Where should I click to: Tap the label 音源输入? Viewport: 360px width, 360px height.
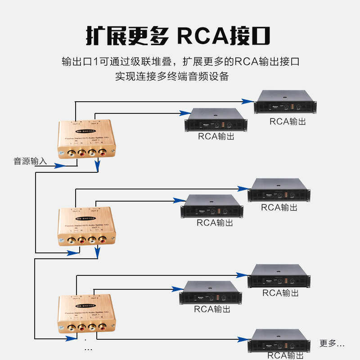tap(30, 161)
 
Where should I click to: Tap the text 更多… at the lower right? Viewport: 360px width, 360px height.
tap(332, 343)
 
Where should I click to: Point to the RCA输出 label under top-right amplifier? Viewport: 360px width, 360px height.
tap(288, 121)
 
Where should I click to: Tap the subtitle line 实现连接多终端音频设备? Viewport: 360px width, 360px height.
tap(172, 76)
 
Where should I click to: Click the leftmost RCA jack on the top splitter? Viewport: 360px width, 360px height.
tap(71, 153)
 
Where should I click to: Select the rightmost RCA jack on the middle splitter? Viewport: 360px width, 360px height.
tap(103, 241)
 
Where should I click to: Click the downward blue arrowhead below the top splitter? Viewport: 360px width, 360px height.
tap(97, 167)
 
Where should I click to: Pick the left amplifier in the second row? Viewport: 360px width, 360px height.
tap(212, 206)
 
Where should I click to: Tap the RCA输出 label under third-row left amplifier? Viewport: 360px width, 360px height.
tap(212, 310)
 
